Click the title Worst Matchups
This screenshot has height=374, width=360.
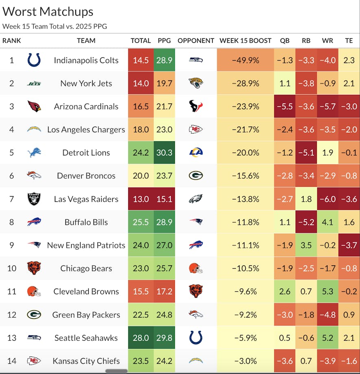48,11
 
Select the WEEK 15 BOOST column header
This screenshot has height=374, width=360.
245,41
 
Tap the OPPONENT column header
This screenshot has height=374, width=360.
196,41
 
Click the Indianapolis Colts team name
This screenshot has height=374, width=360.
86,60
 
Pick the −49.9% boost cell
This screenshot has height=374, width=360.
245,60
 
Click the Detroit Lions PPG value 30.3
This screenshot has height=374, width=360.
164,153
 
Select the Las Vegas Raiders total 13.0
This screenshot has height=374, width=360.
140,199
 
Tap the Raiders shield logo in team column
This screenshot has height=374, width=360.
34,199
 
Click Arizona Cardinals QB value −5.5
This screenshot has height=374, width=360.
284,107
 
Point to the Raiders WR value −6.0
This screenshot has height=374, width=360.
327,199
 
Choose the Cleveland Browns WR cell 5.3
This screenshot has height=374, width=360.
327,291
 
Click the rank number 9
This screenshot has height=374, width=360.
11,245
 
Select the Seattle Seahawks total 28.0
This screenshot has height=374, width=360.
140,338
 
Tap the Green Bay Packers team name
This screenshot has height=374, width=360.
86,315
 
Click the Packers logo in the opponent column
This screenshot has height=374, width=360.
196,176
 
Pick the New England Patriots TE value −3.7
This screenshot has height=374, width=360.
349,245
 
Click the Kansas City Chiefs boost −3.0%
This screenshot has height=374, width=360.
245,361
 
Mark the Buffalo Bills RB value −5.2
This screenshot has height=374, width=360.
306,222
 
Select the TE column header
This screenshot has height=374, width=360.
349,41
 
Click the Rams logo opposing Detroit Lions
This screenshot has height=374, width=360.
196,153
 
